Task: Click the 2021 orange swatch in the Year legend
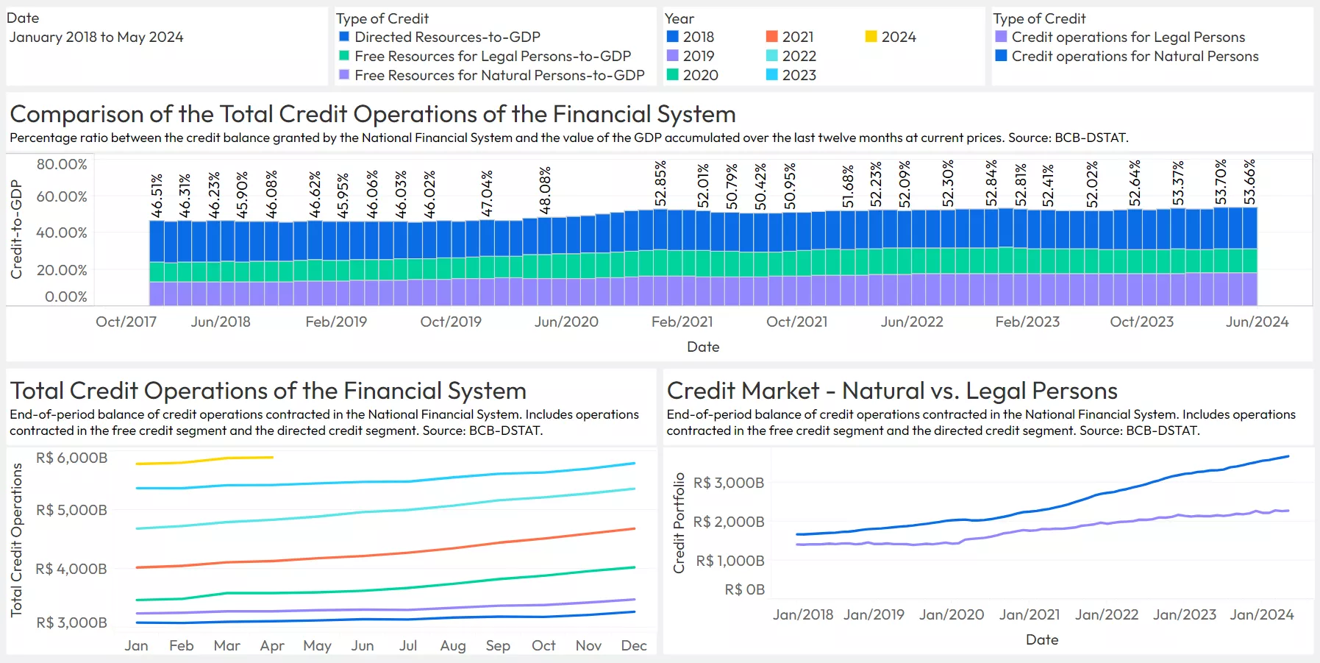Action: (771, 37)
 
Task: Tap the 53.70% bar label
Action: (1221, 182)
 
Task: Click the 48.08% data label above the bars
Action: (545, 190)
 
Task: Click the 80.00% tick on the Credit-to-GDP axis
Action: (62, 164)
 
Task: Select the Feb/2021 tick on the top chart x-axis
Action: (682, 322)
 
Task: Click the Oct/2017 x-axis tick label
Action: (126, 322)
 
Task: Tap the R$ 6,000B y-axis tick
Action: (71, 458)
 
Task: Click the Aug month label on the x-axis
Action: (452, 645)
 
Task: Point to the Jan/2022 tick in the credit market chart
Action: (1106, 614)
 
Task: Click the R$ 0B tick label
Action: (744, 589)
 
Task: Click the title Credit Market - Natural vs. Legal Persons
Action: (891, 391)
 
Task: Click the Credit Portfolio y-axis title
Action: (679, 522)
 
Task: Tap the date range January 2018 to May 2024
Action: (96, 37)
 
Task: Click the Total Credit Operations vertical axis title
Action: (16, 539)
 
